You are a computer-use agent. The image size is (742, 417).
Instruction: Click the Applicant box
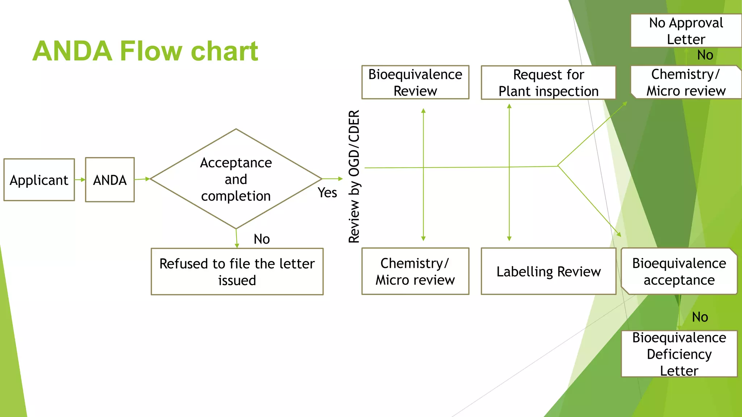coord(39,180)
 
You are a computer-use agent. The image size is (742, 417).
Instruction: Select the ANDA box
coord(110,180)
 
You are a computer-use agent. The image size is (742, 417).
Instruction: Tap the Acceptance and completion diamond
coord(236,179)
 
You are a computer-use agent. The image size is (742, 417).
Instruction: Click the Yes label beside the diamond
coord(327,193)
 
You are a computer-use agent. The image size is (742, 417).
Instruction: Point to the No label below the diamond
coord(262,239)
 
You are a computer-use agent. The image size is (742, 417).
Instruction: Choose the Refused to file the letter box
coord(237,271)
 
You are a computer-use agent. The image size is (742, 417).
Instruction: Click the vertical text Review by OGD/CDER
coord(354,177)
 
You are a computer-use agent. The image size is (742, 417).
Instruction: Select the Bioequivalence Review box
coord(415,83)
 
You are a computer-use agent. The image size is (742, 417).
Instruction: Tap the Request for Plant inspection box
coord(548,83)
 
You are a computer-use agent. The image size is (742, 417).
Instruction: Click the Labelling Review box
coord(548,271)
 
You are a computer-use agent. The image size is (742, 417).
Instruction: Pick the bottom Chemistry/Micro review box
coord(415,271)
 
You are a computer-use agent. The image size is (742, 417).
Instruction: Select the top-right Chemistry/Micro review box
coord(685,82)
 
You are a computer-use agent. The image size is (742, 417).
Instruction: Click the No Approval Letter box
coord(685,31)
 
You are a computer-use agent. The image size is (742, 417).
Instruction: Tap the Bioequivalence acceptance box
coord(679,271)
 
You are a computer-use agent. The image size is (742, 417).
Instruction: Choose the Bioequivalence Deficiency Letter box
coord(679,354)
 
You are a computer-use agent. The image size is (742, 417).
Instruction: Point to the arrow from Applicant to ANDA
coord(80,180)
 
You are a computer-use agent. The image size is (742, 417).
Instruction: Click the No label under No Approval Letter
coord(705,55)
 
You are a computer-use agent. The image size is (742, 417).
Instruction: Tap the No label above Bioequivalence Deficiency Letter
coord(700,317)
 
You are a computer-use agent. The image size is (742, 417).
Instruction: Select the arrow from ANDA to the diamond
coord(142,179)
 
